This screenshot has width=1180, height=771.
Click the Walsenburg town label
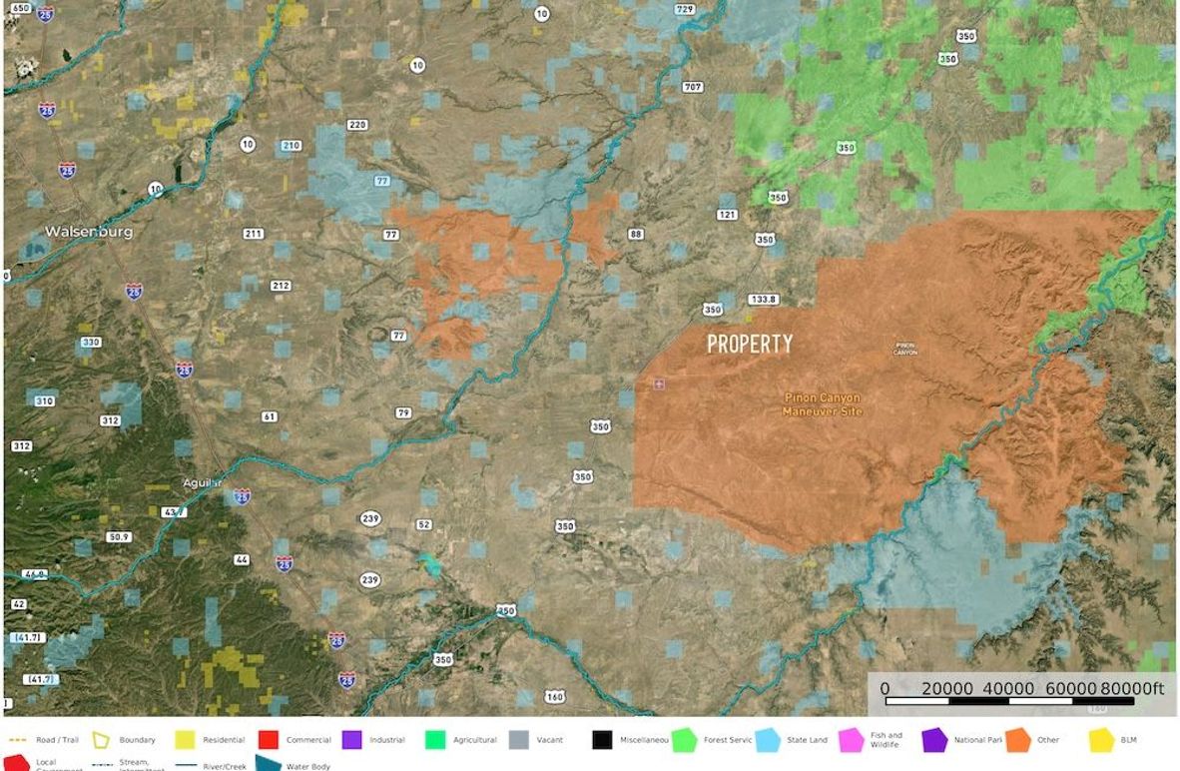88,232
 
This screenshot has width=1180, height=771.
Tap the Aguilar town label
202,482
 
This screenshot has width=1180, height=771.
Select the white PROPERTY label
750,345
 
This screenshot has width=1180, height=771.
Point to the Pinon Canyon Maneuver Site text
822,403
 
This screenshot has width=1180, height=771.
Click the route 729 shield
685,10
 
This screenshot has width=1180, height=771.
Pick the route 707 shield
693,87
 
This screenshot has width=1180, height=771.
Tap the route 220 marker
357,125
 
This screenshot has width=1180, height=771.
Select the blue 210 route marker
291,146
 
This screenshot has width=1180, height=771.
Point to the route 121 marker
727,215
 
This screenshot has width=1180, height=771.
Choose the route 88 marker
636,235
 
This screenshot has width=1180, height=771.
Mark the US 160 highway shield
554,696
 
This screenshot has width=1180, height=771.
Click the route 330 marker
91,343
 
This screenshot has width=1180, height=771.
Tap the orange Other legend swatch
1018,740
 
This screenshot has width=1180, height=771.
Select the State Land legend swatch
768,740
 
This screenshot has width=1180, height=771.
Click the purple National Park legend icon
934,740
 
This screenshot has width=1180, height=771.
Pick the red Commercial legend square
268,740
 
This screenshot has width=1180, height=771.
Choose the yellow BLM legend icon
1101,740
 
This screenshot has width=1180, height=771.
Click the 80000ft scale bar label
1132,688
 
